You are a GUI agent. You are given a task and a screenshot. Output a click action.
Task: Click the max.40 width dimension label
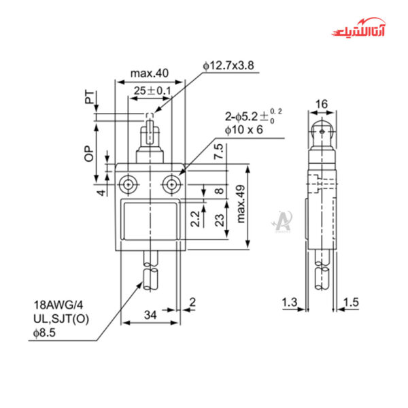point(149,73)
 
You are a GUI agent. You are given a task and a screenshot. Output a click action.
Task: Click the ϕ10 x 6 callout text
point(243,130)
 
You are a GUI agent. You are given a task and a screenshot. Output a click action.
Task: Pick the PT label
point(89,98)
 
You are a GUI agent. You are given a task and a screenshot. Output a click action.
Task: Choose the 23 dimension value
point(219,219)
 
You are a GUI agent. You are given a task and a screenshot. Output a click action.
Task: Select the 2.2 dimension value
point(195,219)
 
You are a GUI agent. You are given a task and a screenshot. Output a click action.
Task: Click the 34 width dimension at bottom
point(151,315)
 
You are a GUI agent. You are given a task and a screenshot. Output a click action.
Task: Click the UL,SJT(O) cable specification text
point(62,320)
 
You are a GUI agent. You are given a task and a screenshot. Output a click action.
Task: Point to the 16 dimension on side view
point(322,104)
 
